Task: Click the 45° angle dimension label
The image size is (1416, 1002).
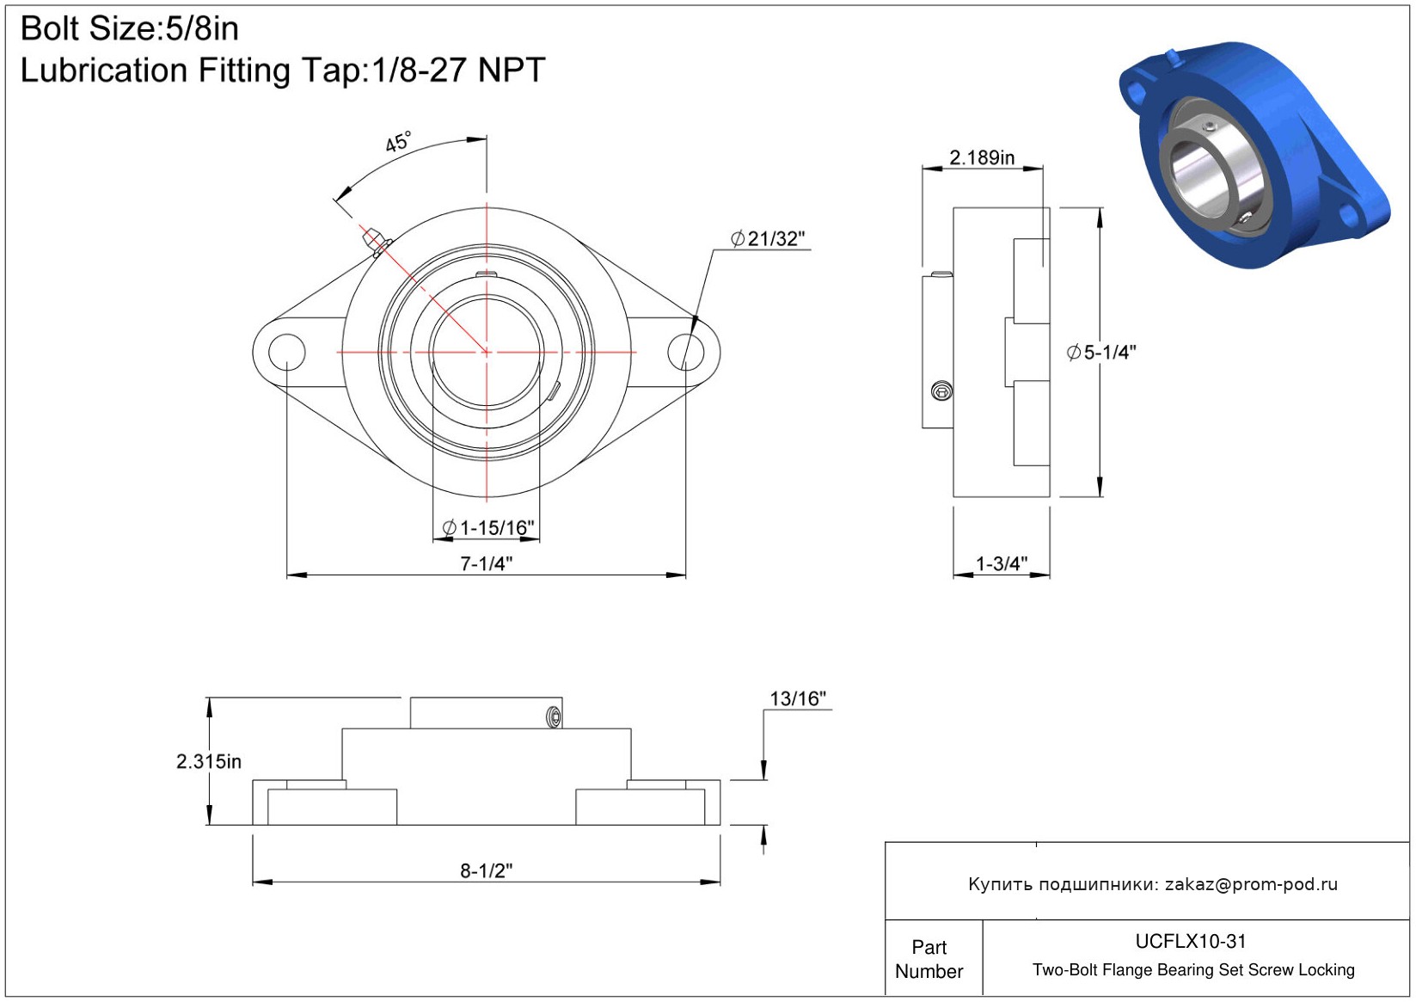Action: [398, 142]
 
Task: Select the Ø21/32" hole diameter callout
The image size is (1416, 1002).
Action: [768, 238]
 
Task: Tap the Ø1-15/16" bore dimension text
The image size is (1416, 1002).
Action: [488, 527]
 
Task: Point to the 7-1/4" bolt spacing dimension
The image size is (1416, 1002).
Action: [486, 563]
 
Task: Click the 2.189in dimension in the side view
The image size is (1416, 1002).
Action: [982, 157]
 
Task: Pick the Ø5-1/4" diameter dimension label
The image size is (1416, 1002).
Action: [1101, 352]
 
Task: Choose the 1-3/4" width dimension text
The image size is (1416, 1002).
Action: [1002, 563]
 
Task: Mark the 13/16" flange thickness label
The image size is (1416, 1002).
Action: [798, 698]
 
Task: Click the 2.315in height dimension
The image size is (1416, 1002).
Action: [209, 761]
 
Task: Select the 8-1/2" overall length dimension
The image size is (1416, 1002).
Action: [486, 870]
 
